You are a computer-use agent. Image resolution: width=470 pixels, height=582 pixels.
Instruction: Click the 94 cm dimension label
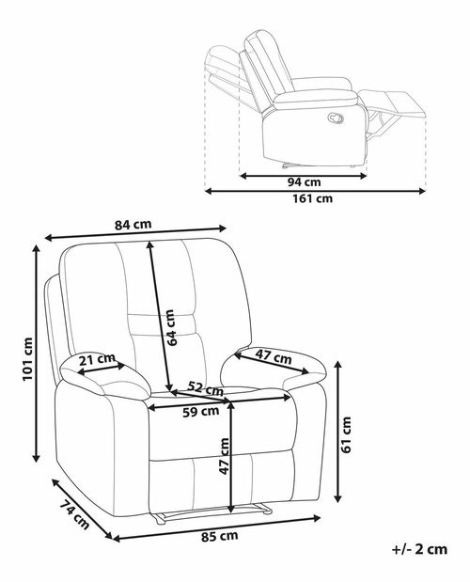coord(304,182)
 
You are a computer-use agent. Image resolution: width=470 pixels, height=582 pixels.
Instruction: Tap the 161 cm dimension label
coord(313,199)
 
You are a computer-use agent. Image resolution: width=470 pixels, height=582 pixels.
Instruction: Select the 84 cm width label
coord(133,225)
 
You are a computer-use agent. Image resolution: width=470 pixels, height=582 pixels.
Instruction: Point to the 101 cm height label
coord(28,359)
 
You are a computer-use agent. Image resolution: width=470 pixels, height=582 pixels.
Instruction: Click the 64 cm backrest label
coord(170,328)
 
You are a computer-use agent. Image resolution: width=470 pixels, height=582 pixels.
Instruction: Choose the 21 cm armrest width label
coord(97,359)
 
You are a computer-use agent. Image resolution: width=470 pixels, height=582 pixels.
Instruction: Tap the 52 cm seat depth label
coord(206,388)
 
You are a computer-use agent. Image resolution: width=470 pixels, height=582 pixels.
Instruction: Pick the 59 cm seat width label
coord(200,412)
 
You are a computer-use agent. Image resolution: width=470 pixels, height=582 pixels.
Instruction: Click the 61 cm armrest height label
coord(346,434)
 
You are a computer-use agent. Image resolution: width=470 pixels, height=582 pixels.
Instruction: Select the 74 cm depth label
coord(74,515)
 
